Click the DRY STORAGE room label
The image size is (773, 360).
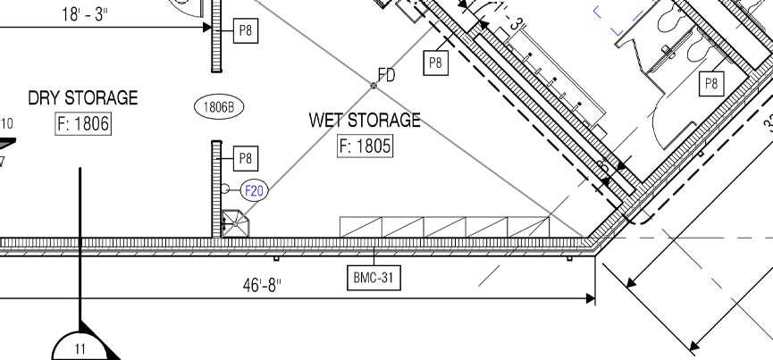pyautogui.click(x=83, y=97)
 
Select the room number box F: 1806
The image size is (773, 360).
pyautogui.click(x=83, y=123)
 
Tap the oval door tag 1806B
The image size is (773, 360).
pyautogui.click(x=219, y=107)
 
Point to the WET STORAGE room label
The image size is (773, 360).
pyautogui.click(x=365, y=120)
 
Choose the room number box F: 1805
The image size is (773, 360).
pyautogui.click(x=365, y=146)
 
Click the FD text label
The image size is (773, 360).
pyautogui.click(x=386, y=75)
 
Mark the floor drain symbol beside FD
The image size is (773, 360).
pyautogui.click(x=374, y=86)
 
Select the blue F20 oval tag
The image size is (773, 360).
pyautogui.click(x=255, y=190)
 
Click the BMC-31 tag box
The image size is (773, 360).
pyautogui.click(x=374, y=278)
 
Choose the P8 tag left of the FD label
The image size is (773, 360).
pyautogui.click(x=435, y=63)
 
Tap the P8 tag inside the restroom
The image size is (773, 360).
pyautogui.click(x=711, y=84)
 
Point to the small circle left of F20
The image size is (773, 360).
pyautogui.click(x=226, y=189)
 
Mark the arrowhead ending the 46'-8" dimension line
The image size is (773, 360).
pyautogui.click(x=591, y=297)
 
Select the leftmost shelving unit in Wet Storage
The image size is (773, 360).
pyautogui.click(x=360, y=227)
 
